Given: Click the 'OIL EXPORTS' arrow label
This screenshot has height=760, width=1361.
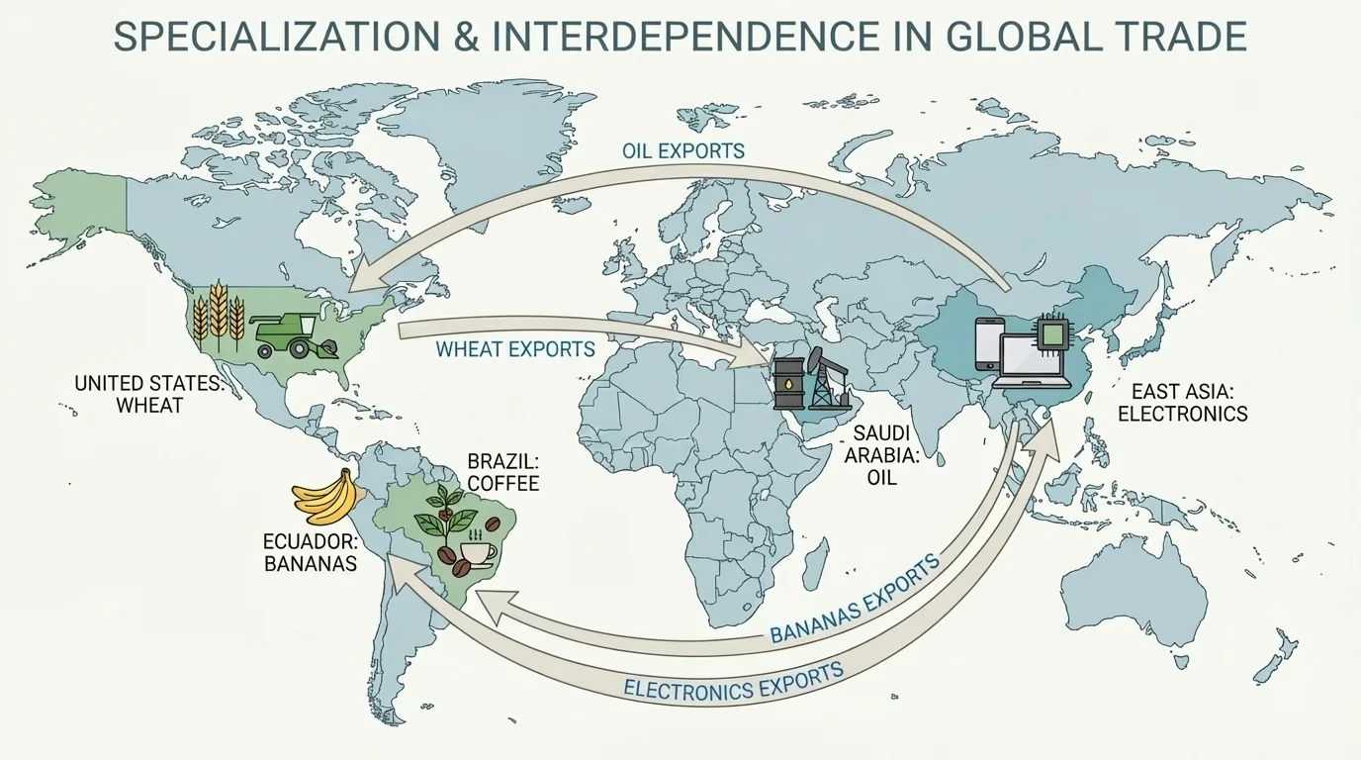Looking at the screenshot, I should coord(683,151).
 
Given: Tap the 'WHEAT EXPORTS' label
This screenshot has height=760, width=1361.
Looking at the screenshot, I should coord(515,349).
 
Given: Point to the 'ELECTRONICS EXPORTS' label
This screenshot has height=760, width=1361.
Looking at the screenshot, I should coord(734,681).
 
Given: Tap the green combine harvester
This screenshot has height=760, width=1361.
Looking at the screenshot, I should coord(293,334).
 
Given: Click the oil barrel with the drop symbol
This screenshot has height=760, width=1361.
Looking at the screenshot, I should coord(787,381).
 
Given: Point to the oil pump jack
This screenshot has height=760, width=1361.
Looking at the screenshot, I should coord(823,377).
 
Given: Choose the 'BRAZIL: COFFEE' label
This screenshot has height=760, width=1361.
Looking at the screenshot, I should coord(502,472).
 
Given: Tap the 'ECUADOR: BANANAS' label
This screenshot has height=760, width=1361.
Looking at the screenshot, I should coord(310,552).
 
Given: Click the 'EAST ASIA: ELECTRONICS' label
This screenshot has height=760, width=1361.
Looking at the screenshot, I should coord(1182,402).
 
